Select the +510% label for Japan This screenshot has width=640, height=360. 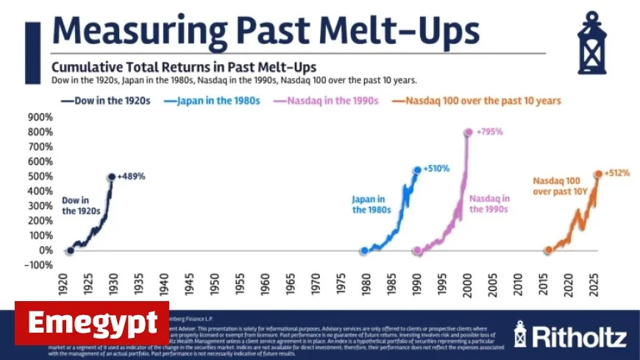pyautogui.click(x=438, y=169)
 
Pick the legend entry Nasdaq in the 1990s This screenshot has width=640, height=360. pyautogui.click(x=338, y=101)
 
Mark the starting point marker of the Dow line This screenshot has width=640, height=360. pyautogui.click(x=70, y=250)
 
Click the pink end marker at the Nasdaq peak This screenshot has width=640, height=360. pyautogui.click(x=468, y=133)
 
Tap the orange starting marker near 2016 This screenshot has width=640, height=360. pyautogui.click(x=548, y=250)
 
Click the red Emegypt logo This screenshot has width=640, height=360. pyautogui.click(x=92, y=323)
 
